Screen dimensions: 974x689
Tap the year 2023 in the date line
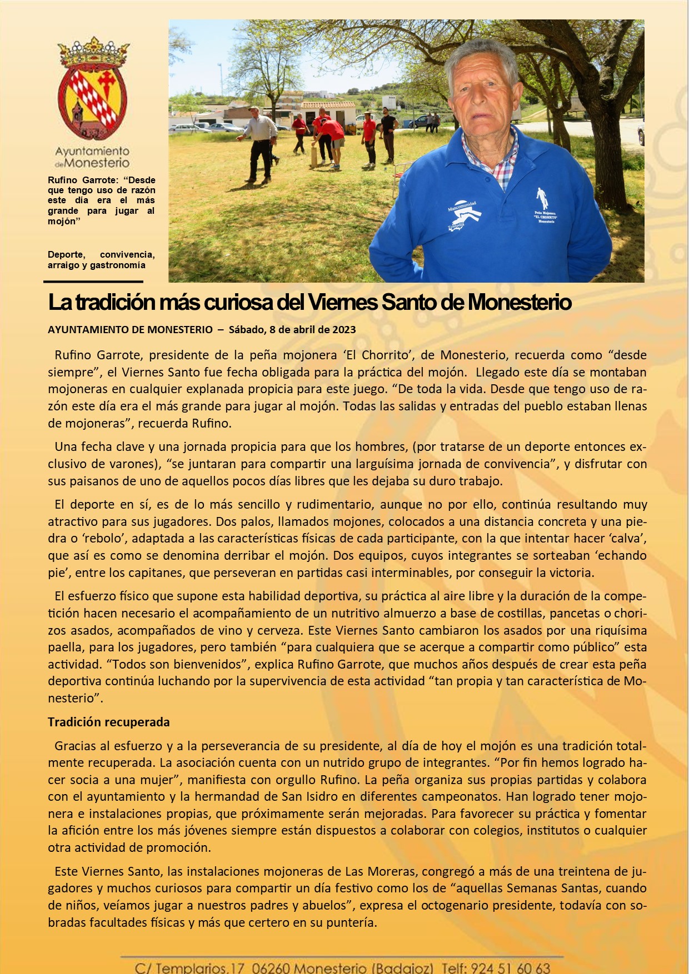pos(344,329)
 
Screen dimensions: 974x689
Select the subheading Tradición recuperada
pos(108,722)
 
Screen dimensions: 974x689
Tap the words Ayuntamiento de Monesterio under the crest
pos(92,157)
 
